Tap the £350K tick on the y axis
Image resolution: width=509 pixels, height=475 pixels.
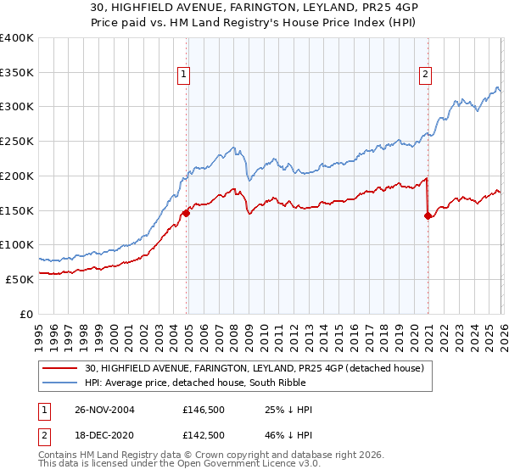pyautogui.click(x=17, y=73)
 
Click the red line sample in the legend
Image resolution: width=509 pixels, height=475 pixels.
pyautogui.click(x=60, y=367)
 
